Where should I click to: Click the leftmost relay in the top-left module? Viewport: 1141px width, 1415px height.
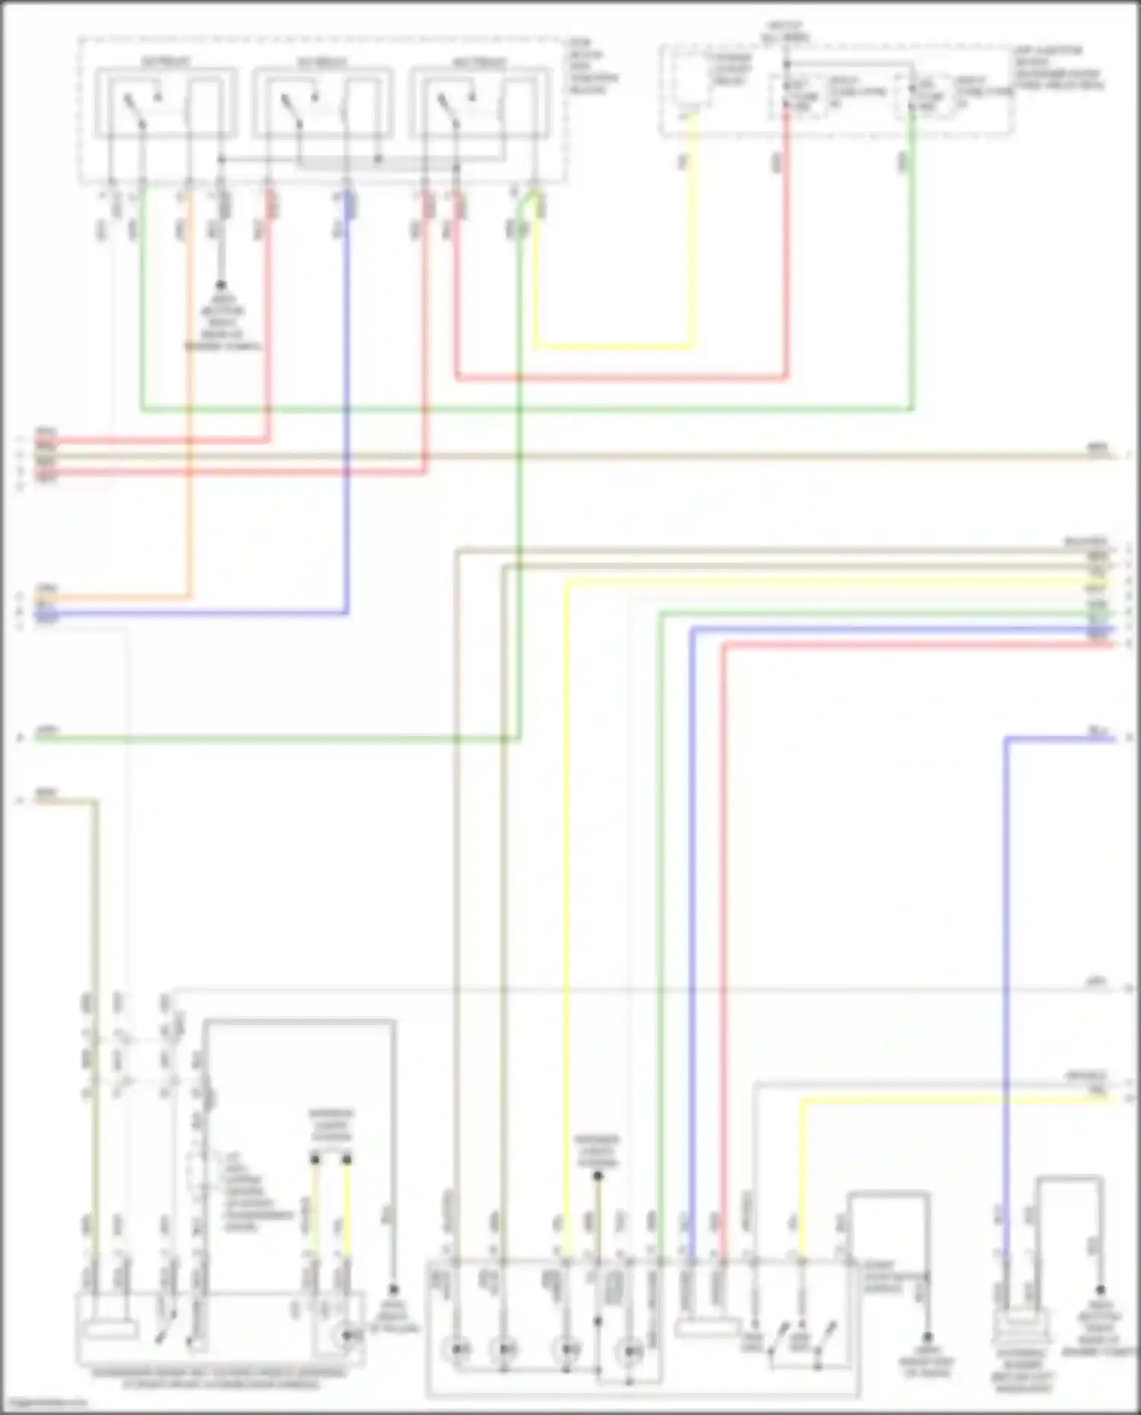click(165, 103)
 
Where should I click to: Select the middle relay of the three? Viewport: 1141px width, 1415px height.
click(323, 103)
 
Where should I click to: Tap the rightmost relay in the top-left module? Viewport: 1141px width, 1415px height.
click(480, 103)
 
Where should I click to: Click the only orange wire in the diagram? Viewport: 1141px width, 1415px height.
click(189, 395)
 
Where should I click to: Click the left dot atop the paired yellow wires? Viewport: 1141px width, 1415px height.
click(314, 1159)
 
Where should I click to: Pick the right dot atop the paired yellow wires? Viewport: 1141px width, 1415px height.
click(347, 1159)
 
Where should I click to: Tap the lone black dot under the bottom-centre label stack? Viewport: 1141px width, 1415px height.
click(598, 1176)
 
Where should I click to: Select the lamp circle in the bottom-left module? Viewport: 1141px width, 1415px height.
click(347, 1334)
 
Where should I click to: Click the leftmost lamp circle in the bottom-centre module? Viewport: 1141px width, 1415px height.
click(456, 1350)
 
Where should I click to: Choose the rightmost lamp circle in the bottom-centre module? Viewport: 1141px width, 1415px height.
click(630, 1351)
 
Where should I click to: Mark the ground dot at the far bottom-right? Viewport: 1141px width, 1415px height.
click(1100, 1290)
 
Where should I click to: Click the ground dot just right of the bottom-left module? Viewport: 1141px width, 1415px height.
click(393, 1290)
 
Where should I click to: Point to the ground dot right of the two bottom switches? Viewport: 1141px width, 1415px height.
click(927, 1336)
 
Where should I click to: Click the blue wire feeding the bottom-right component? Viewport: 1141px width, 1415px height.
click(1006, 988)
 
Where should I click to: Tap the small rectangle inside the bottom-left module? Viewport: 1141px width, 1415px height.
click(111, 1331)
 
